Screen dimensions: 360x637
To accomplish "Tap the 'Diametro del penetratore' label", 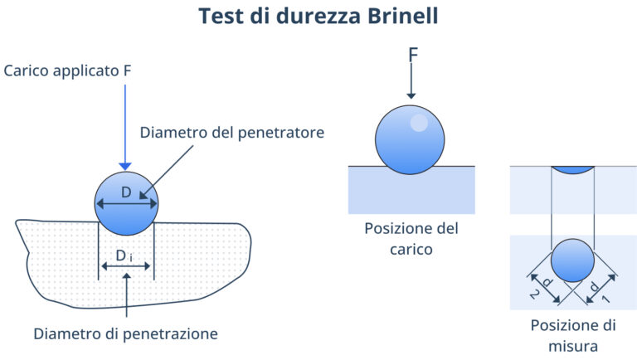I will point(231,132).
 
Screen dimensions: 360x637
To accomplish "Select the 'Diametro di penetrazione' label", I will point(125,333).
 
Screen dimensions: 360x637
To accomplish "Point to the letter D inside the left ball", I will point(126,192).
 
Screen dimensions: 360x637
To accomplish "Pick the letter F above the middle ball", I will point(411,56).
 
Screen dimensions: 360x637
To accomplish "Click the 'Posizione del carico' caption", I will point(411,237).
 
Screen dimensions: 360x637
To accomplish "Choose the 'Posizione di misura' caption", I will point(571,333).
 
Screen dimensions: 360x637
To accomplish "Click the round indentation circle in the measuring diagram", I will point(572,260).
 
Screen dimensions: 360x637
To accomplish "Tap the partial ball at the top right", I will point(572,169).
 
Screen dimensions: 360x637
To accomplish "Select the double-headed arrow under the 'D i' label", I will point(124,266).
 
